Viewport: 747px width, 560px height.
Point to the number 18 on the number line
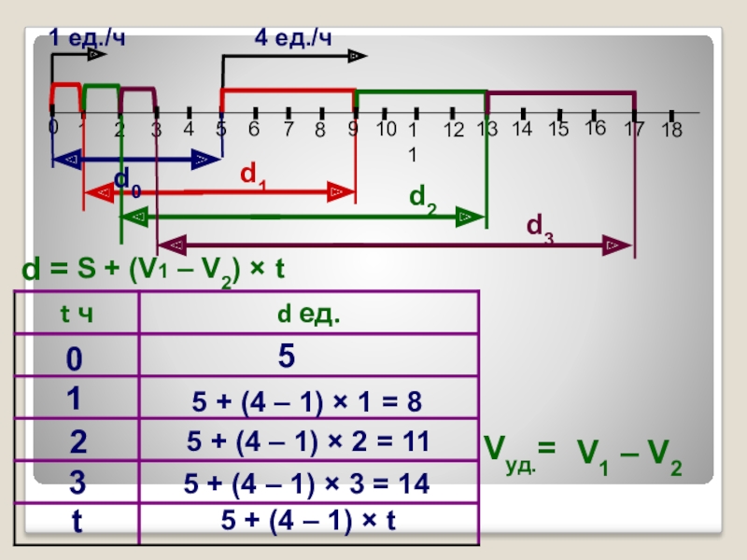point(671,132)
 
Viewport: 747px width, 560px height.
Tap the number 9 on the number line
point(353,130)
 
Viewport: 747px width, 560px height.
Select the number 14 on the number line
point(522,130)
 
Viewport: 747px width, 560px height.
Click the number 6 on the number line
point(253,130)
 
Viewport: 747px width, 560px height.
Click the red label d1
point(253,174)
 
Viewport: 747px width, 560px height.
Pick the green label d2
point(422,198)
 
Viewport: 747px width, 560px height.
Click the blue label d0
point(128,181)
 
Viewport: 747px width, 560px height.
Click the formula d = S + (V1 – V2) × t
point(152,271)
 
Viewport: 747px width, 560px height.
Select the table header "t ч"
point(76,316)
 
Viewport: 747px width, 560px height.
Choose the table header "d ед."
point(309,316)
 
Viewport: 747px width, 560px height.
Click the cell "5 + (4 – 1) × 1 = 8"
point(307,401)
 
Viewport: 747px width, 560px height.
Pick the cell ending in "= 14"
point(307,483)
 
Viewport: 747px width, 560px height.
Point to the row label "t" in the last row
point(77,524)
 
